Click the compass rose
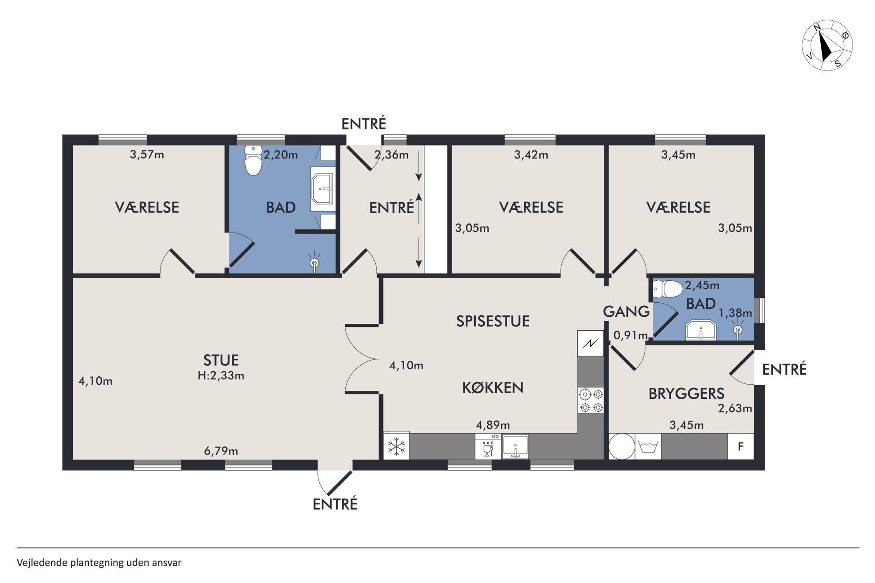827,45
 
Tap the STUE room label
221,360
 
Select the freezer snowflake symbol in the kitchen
396,446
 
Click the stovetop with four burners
591,401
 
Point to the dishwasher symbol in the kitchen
488,446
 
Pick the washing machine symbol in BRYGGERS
648,446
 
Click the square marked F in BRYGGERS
740,446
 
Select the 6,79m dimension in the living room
221,451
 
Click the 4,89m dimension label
493,425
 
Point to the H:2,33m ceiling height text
221,375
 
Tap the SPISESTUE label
493,321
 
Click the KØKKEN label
493,388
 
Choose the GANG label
626,312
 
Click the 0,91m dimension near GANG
631,335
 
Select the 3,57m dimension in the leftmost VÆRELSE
147,155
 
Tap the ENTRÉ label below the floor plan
335,504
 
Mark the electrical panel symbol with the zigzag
591,343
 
